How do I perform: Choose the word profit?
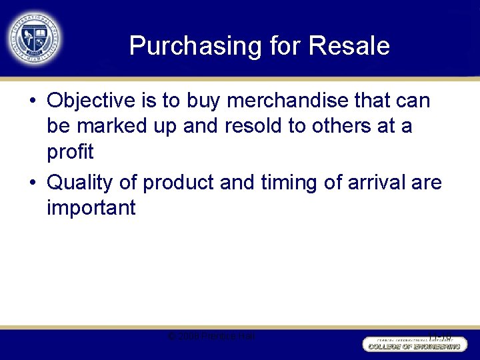pos(70,151)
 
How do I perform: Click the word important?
pos(91,207)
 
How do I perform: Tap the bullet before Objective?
pos(33,102)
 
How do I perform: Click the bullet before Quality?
pos(33,183)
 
